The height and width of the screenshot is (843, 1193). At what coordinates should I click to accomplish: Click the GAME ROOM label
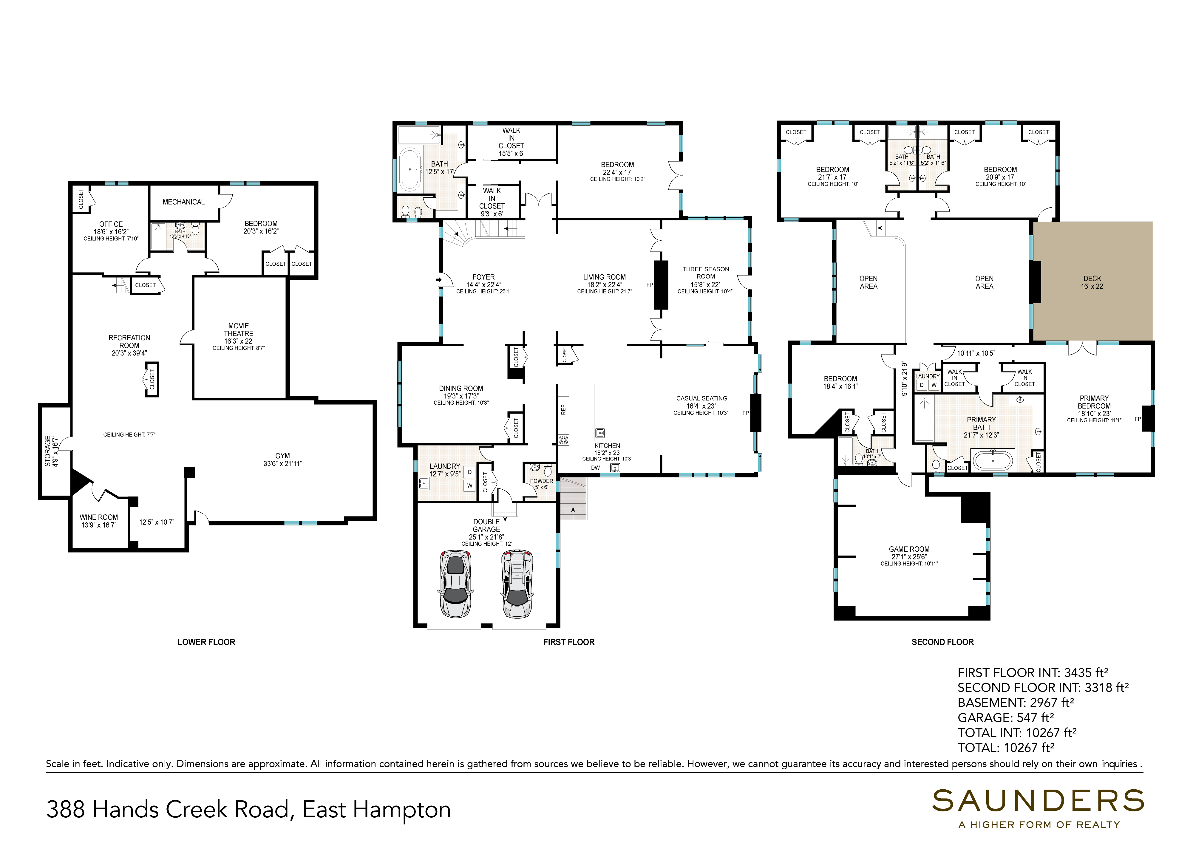[x=909, y=549]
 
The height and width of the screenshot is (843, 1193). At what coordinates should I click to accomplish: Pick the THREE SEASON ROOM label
[x=706, y=273]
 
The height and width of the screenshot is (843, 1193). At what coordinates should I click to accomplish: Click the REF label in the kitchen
[x=563, y=410]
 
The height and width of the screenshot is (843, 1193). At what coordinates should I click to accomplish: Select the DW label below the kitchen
[x=596, y=468]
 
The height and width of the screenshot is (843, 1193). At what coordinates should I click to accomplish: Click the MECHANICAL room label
[x=183, y=202]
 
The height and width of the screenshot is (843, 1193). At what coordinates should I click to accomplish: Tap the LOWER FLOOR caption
[x=206, y=642]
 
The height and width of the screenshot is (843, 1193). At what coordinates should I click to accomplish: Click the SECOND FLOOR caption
[x=942, y=642]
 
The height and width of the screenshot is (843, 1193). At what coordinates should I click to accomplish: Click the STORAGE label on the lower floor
[x=48, y=451]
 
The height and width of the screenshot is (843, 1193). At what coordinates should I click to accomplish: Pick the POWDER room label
[x=541, y=481]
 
